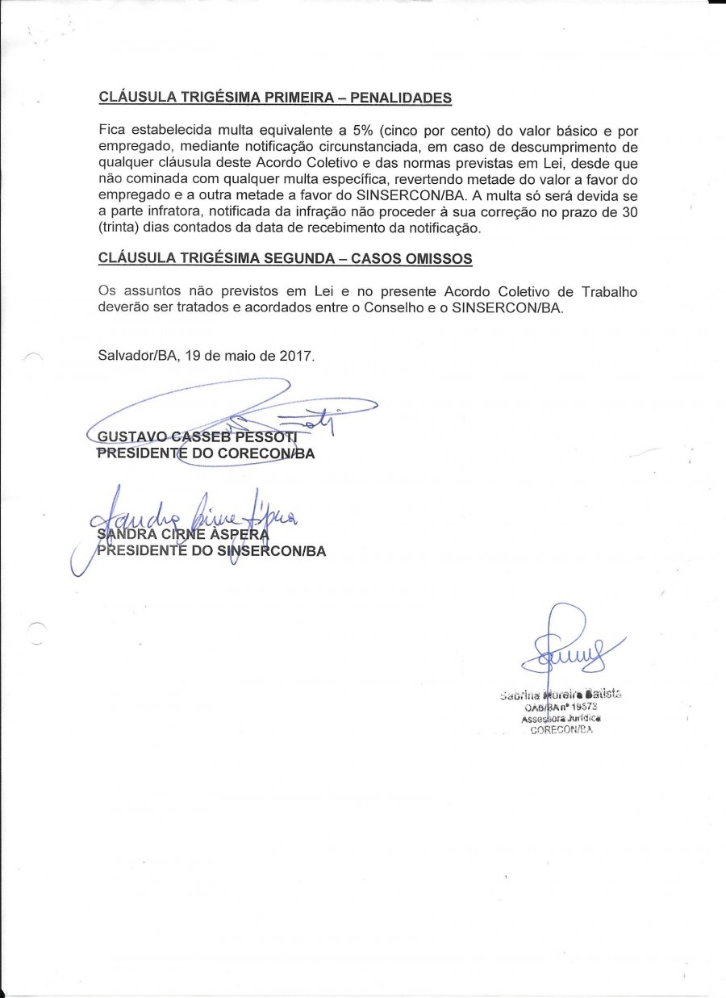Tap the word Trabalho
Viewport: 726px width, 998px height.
tap(597, 290)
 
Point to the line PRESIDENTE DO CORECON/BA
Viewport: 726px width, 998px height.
tap(206, 454)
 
